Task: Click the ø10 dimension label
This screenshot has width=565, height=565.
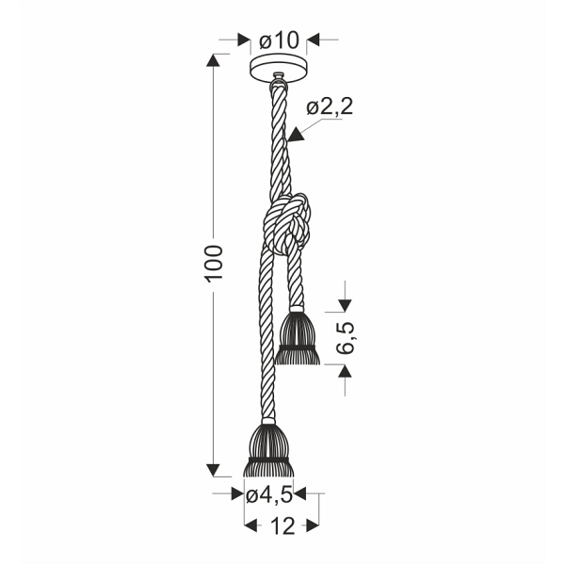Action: pos(280,40)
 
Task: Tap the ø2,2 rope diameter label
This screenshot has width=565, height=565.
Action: pos(330,106)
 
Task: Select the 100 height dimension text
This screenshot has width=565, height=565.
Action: pos(214,264)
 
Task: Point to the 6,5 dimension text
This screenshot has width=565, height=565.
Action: pos(346,338)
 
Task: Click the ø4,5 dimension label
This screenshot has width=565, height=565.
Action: pos(268,496)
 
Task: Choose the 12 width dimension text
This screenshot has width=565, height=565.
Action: pos(282,526)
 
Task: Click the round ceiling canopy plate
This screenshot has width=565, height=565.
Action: pos(279,68)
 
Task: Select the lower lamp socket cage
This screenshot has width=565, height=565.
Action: pos(268,450)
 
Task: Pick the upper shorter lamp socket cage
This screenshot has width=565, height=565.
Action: pos(297,338)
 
